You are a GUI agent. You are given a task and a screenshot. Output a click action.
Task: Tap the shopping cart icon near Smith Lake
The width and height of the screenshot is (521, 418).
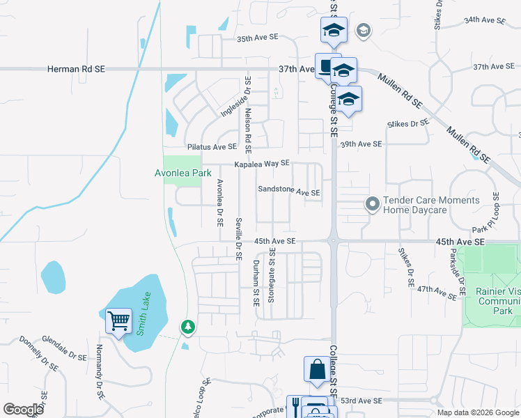click(x=118, y=321)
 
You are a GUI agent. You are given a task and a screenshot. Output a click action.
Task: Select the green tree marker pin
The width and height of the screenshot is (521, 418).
click(x=187, y=325)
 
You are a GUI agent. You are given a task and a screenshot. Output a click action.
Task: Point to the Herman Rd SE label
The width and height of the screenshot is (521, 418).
click(x=76, y=69)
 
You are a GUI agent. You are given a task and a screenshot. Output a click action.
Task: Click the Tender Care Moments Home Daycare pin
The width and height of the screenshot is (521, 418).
click(x=373, y=204)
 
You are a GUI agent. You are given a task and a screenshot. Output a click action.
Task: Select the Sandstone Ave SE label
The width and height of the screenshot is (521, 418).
click(x=288, y=192)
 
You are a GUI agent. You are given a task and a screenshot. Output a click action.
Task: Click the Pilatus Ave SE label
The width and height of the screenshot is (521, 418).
click(x=212, y=147)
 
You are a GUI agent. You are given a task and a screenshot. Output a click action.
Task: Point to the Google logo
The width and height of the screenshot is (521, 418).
click(x=24, y=410)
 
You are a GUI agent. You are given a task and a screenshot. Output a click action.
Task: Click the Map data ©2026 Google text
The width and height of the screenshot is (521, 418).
click(x=478, y=412)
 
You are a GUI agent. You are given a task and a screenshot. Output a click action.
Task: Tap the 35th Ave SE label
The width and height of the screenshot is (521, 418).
click(x=262, y=40)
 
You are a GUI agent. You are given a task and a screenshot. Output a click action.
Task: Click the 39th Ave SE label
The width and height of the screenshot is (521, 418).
click(x=361, y=144)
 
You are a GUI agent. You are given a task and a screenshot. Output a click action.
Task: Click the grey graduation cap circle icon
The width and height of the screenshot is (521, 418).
click(x=362, y=30)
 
